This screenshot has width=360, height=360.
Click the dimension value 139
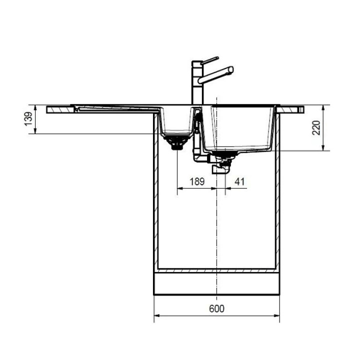pos(28,119)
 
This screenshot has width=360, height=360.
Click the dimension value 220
pos(316,127)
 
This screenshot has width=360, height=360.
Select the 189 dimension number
pos(197,181)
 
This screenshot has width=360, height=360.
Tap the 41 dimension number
pos(239,181)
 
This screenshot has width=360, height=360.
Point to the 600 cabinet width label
pos(216,308)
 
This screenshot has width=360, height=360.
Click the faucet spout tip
pos(231,70)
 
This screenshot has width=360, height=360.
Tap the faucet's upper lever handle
pos(209,60)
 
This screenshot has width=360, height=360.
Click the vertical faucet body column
pos(197,82)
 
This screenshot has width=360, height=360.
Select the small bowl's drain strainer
pos(177,142)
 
